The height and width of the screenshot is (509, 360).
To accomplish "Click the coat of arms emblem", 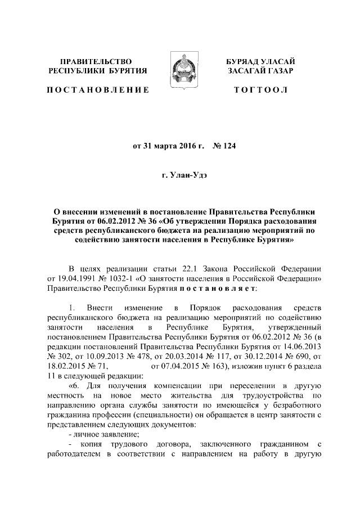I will click(x=179, y=66).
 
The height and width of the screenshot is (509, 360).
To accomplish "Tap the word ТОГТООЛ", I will click(x=261, y=90).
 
